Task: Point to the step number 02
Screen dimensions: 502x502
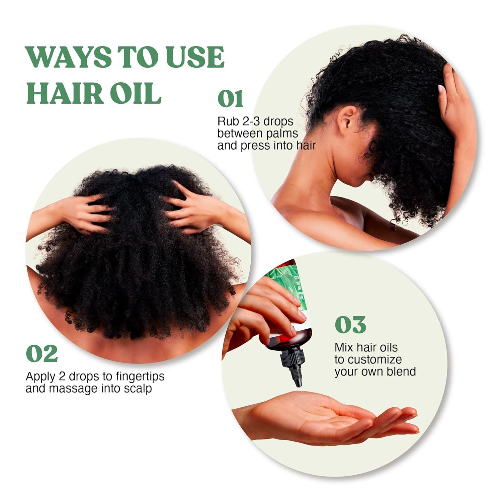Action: pos(42,353)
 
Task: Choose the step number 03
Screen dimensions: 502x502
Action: pos(350,324)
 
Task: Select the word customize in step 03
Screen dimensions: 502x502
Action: pos(375,359)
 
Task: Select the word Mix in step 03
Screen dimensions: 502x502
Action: pos(344,347)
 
